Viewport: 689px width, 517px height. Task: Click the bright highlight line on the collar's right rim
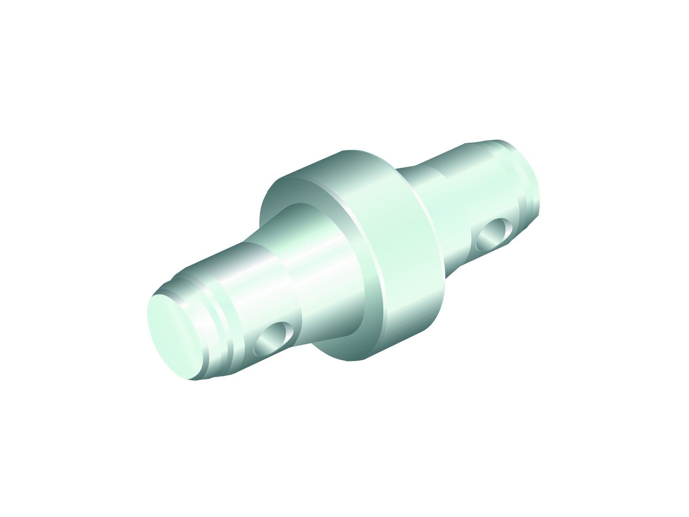[x=426, y=224]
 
